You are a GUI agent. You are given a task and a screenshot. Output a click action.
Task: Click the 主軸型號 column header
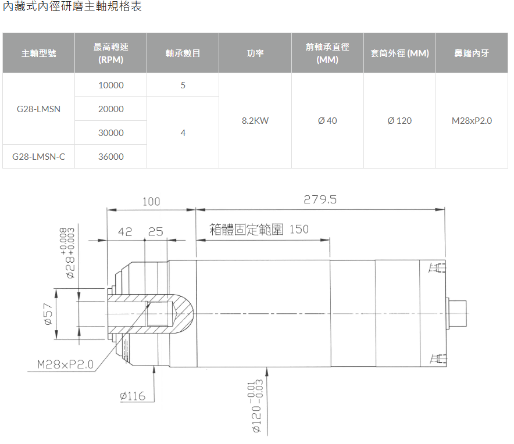(39, 53)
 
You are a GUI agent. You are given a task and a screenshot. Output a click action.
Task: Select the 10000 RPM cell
(111, 85)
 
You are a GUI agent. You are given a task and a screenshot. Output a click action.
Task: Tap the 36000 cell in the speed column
(111, 157)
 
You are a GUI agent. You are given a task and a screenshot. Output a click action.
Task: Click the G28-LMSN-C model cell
(39, 157)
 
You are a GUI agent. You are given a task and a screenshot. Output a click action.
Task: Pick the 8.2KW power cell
(255, 120)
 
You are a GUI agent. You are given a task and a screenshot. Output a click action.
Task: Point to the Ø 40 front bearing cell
(327, 120)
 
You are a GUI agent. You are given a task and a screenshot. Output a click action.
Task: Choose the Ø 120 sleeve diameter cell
(399, 120)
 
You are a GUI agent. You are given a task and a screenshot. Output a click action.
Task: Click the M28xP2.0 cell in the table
(472, 120)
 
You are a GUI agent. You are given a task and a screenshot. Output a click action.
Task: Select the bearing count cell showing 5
(183, 85)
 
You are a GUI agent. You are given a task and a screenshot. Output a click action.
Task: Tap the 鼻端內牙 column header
(472, 53)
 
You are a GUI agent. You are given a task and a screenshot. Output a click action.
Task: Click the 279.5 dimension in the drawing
(320, 199)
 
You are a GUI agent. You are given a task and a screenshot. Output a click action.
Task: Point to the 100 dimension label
(151, 202)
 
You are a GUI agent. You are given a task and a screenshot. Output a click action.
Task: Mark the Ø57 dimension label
(48, 314)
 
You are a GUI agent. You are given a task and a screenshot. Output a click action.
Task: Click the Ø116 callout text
(133, 396)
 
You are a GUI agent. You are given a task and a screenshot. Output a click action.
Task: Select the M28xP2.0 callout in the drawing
(65, 364)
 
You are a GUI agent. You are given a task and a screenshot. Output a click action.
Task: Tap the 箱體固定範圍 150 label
(259, 230)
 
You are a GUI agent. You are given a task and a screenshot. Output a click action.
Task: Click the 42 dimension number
(125, 232)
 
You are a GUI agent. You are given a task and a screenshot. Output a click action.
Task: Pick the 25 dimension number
(155, 232)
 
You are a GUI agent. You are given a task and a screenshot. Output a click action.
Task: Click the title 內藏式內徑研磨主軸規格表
(72, 6)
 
